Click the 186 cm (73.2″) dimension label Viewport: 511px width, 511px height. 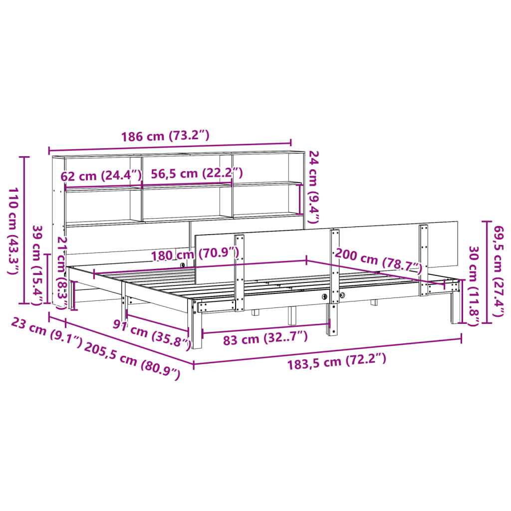pos(165,136)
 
